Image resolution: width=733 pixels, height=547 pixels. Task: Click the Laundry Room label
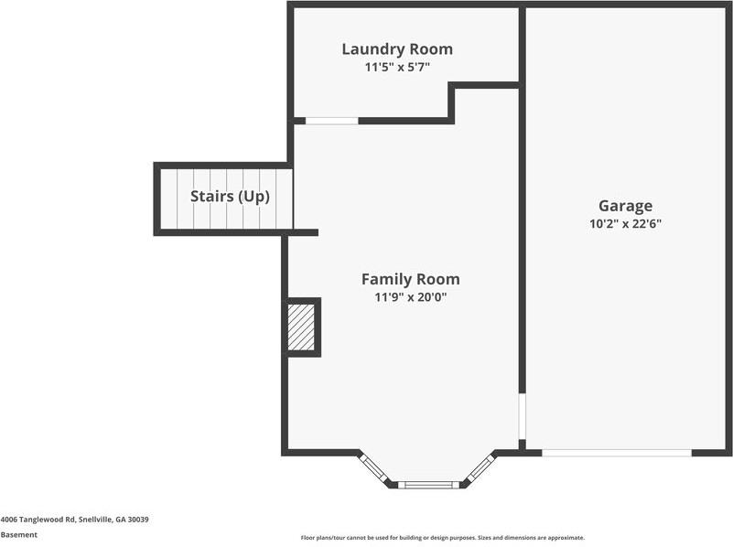(x=397, y=49)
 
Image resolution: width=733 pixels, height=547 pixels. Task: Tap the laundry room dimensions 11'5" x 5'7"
(x=397, y=67)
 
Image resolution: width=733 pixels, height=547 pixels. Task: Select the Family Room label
(x=410, y=280)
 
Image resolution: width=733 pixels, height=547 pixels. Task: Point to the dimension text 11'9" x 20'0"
(x=410, y=297)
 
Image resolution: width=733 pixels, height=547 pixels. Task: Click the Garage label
(x=625, y=207)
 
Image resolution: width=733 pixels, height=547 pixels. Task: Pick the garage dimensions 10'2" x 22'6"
(x=625, y=223)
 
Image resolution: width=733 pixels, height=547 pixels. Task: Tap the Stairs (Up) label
(x=230, y=197)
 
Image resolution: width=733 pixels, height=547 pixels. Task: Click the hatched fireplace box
(x=302, y=327)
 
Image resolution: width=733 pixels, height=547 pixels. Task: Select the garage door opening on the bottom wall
(x=616, y=452)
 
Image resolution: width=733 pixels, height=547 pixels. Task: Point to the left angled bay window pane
(x=374, y=467)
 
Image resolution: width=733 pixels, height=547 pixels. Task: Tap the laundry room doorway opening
(x=331, y=121)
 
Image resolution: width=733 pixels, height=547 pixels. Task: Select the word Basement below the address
(x=19, y=535)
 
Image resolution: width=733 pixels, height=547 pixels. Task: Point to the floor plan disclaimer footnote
(x=442, y=538)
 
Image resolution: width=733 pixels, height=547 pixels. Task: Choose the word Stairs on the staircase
(x=210, y=197)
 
